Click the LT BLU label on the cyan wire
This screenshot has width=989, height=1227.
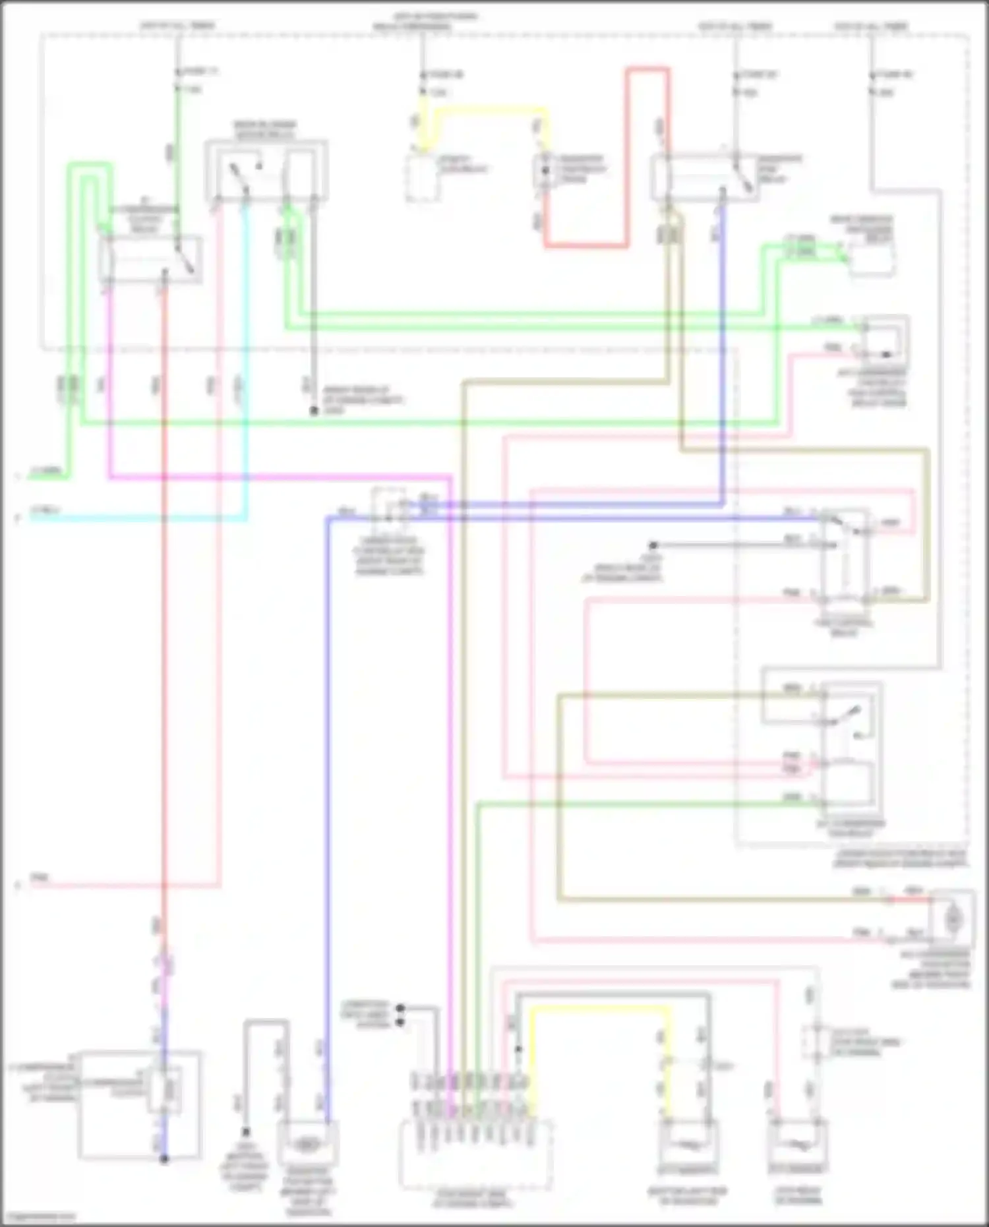click(46, 511)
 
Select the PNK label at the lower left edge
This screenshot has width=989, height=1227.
click(40, 878)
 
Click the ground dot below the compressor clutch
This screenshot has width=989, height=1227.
click(164, 1158)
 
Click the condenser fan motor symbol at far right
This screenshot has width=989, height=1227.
click(952, 917)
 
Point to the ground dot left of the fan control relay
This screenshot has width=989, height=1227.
click(653, 545)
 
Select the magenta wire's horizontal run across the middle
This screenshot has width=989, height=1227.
click(277, 475)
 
